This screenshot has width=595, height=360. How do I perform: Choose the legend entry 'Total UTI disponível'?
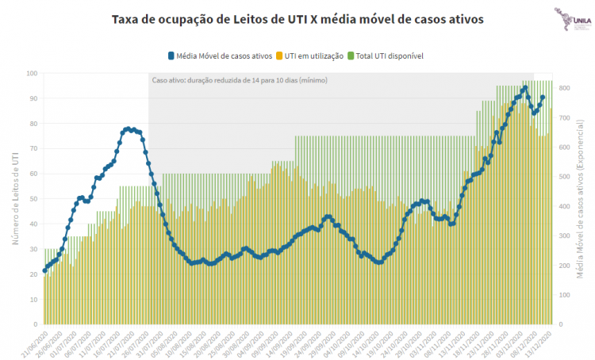pyautogui.click(x=388, y=56)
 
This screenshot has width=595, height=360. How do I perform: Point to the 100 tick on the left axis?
pyautogui.click(x=33, y=73)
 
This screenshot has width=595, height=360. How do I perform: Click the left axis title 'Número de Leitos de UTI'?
pyautogui.click(x=14, y=199)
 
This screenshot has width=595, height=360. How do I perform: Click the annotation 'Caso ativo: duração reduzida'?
pyautogui.click(x=240, y=81)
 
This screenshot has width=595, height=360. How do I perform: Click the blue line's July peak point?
pyautogui.click(x=128, y=128)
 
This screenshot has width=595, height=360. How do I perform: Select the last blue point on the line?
pyautogui.click(x=543, y=98)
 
